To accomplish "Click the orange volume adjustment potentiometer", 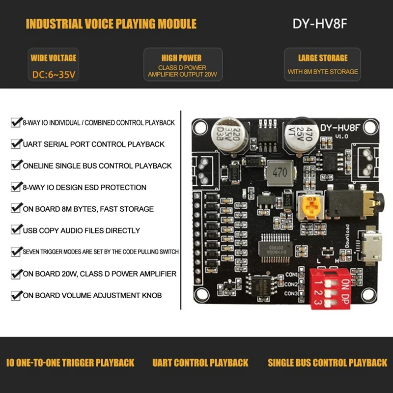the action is (310, 207).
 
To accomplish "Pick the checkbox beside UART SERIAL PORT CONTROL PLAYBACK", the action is (15, 144).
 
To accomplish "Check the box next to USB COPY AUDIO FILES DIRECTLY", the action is (15, 230).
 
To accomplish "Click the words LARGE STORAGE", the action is (323, 58).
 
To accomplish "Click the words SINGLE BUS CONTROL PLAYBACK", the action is (327, 363).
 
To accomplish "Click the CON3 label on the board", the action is (291, 293).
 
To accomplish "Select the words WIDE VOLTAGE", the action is (54, 58).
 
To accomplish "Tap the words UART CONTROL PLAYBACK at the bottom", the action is (200, 363).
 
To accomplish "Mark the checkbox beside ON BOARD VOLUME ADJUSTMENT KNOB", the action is (15, 295).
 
